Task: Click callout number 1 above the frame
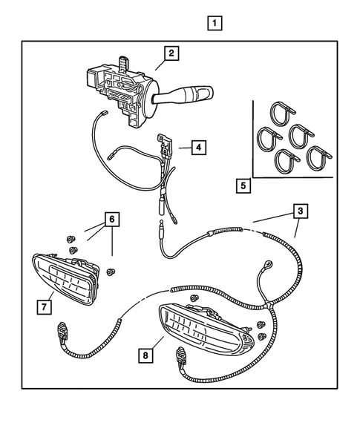click(x=214, y=23)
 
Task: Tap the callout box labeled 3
click(x=299, y=211)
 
